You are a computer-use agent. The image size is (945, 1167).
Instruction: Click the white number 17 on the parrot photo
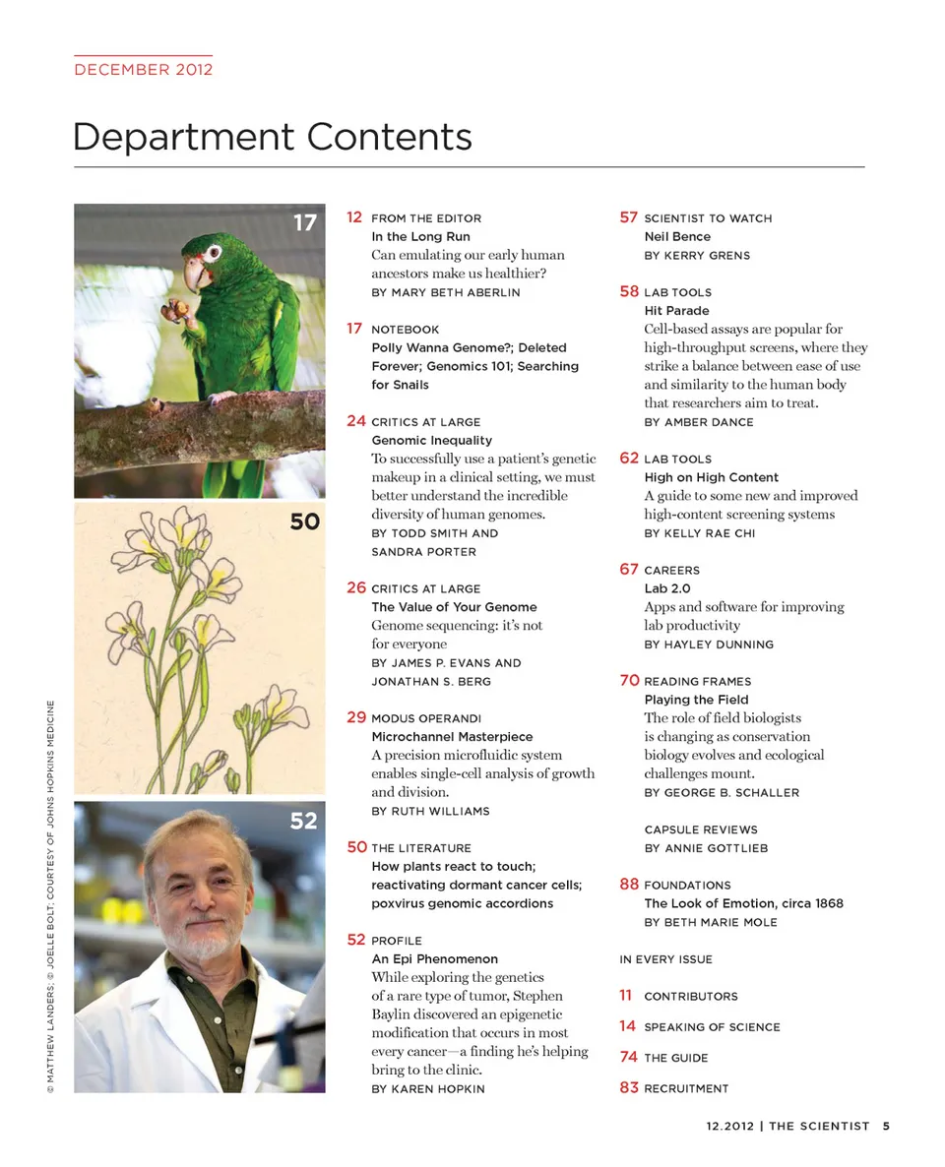[305, 223]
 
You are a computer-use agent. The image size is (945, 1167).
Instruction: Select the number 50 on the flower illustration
[305, 522]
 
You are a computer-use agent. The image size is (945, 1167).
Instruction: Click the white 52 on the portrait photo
[303, 821]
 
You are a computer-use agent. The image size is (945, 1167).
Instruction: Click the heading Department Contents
[272, 137]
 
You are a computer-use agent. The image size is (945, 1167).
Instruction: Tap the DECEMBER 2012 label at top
[144, 69]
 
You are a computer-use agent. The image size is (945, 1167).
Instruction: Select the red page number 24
[356, 421]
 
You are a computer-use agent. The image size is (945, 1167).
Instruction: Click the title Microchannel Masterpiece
[452, 737]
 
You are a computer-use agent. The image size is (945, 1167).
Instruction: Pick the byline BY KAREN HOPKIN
[428, 1089]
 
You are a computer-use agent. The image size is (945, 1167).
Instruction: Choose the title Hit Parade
[676, 311]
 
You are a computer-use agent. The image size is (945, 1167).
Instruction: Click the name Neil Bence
[677, 237]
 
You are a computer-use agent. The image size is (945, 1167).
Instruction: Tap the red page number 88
[629, 885]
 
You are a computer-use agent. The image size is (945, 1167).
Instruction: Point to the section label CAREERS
[671, 571]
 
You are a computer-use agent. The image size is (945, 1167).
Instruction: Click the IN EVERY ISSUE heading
[665, 959]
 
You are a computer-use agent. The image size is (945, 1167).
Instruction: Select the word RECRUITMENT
[686, 1088]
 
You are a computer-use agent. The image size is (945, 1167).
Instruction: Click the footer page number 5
[886, 1127]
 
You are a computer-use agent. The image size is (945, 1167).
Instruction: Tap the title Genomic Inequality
[431, 441]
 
